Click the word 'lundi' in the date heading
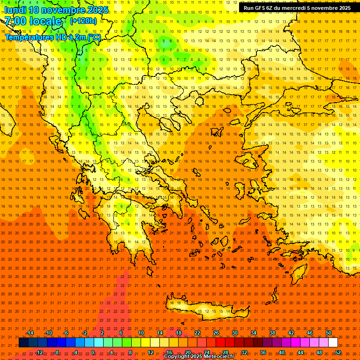click(15, 10)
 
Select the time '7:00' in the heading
click(15, 21)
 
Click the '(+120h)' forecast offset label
click(83, 21)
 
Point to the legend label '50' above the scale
click(329, 333)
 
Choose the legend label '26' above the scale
click(216, 333)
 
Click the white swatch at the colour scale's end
click(333, 343)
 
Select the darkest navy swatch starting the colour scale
click(23, 343)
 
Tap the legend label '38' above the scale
click(272, 333)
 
